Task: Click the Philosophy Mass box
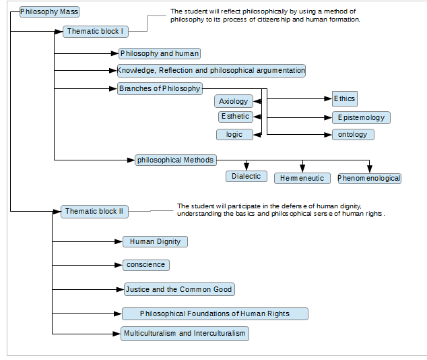[x=49, y=11]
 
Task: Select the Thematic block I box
[x=96, y=32]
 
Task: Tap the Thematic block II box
[x=94, y=212]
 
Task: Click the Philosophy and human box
[x=160, y=53]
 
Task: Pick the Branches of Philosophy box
[x=160, y=88]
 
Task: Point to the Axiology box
[x=234, y=101]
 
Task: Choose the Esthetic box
[x=236, y=117]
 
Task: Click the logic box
[x=234, y=135]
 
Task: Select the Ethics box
[x=344, y=98]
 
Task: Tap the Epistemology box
[x=361, y=118]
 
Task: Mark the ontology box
[x=353, y=135]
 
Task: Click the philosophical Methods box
[x=176, y=160]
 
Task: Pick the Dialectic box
[x=247, y=177]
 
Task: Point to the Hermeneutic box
[x=302, y=178]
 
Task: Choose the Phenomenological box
[x=369, y=179]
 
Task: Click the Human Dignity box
[x=155, y=242]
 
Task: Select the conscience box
[x=146, y=265]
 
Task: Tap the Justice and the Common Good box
[x=179, y=289]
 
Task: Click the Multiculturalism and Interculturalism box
[x=185, y=334]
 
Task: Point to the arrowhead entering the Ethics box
[x=328, y=98]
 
